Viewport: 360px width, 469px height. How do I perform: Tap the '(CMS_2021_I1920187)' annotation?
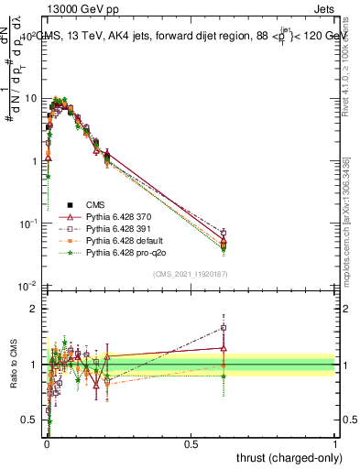(x=190, y=273)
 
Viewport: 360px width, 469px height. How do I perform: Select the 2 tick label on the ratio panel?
(x=36, y=309)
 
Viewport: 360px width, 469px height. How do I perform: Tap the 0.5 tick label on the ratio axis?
(x=31, y=420)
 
